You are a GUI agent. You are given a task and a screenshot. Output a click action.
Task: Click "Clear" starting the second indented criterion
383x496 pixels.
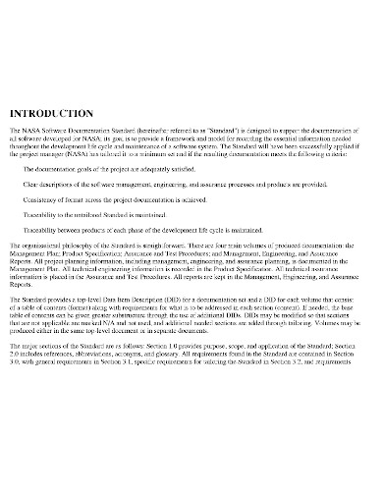point(32,184)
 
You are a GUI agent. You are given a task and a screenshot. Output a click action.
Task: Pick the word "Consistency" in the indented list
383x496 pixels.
point(42,198)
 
